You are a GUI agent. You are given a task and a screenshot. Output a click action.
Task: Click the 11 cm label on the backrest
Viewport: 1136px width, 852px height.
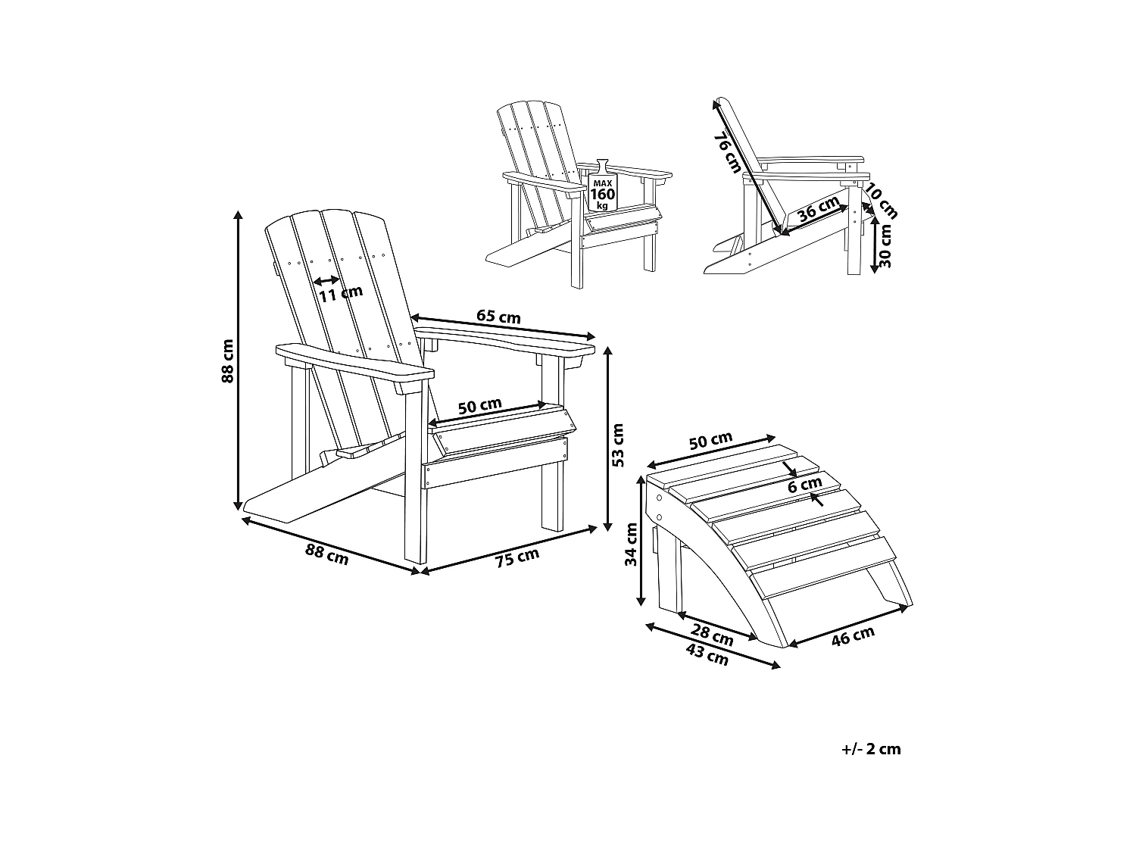[x=340, y=293]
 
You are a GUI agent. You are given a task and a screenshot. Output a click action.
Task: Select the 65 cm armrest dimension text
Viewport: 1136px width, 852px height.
[x=498, y=317]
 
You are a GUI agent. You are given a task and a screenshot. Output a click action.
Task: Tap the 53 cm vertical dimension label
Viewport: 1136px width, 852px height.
[x=618, y=444]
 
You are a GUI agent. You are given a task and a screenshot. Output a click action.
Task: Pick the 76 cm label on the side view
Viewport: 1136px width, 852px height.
[x=728, y=151]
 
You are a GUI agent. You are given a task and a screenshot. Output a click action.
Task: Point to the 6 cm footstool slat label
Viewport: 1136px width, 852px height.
[x=804, y=485]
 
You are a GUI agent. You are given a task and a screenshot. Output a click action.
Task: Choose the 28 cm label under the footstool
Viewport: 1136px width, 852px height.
[x=712, y=635]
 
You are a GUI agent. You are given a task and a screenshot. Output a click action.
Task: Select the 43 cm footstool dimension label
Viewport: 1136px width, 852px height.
[x=707, y=655]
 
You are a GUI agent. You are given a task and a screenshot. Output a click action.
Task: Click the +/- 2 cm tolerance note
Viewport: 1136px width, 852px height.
[x=871, y=749]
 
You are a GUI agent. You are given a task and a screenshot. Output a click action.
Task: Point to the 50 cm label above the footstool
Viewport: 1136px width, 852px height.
[x=710, y=442]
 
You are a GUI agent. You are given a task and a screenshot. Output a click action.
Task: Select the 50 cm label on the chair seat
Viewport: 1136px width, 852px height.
[x=479, y=406]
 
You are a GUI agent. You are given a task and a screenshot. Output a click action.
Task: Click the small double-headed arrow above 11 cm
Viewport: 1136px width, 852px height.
[x=326, y=280]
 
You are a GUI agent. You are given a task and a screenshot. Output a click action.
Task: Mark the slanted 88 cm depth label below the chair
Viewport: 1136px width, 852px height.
[x=326, y=554]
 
